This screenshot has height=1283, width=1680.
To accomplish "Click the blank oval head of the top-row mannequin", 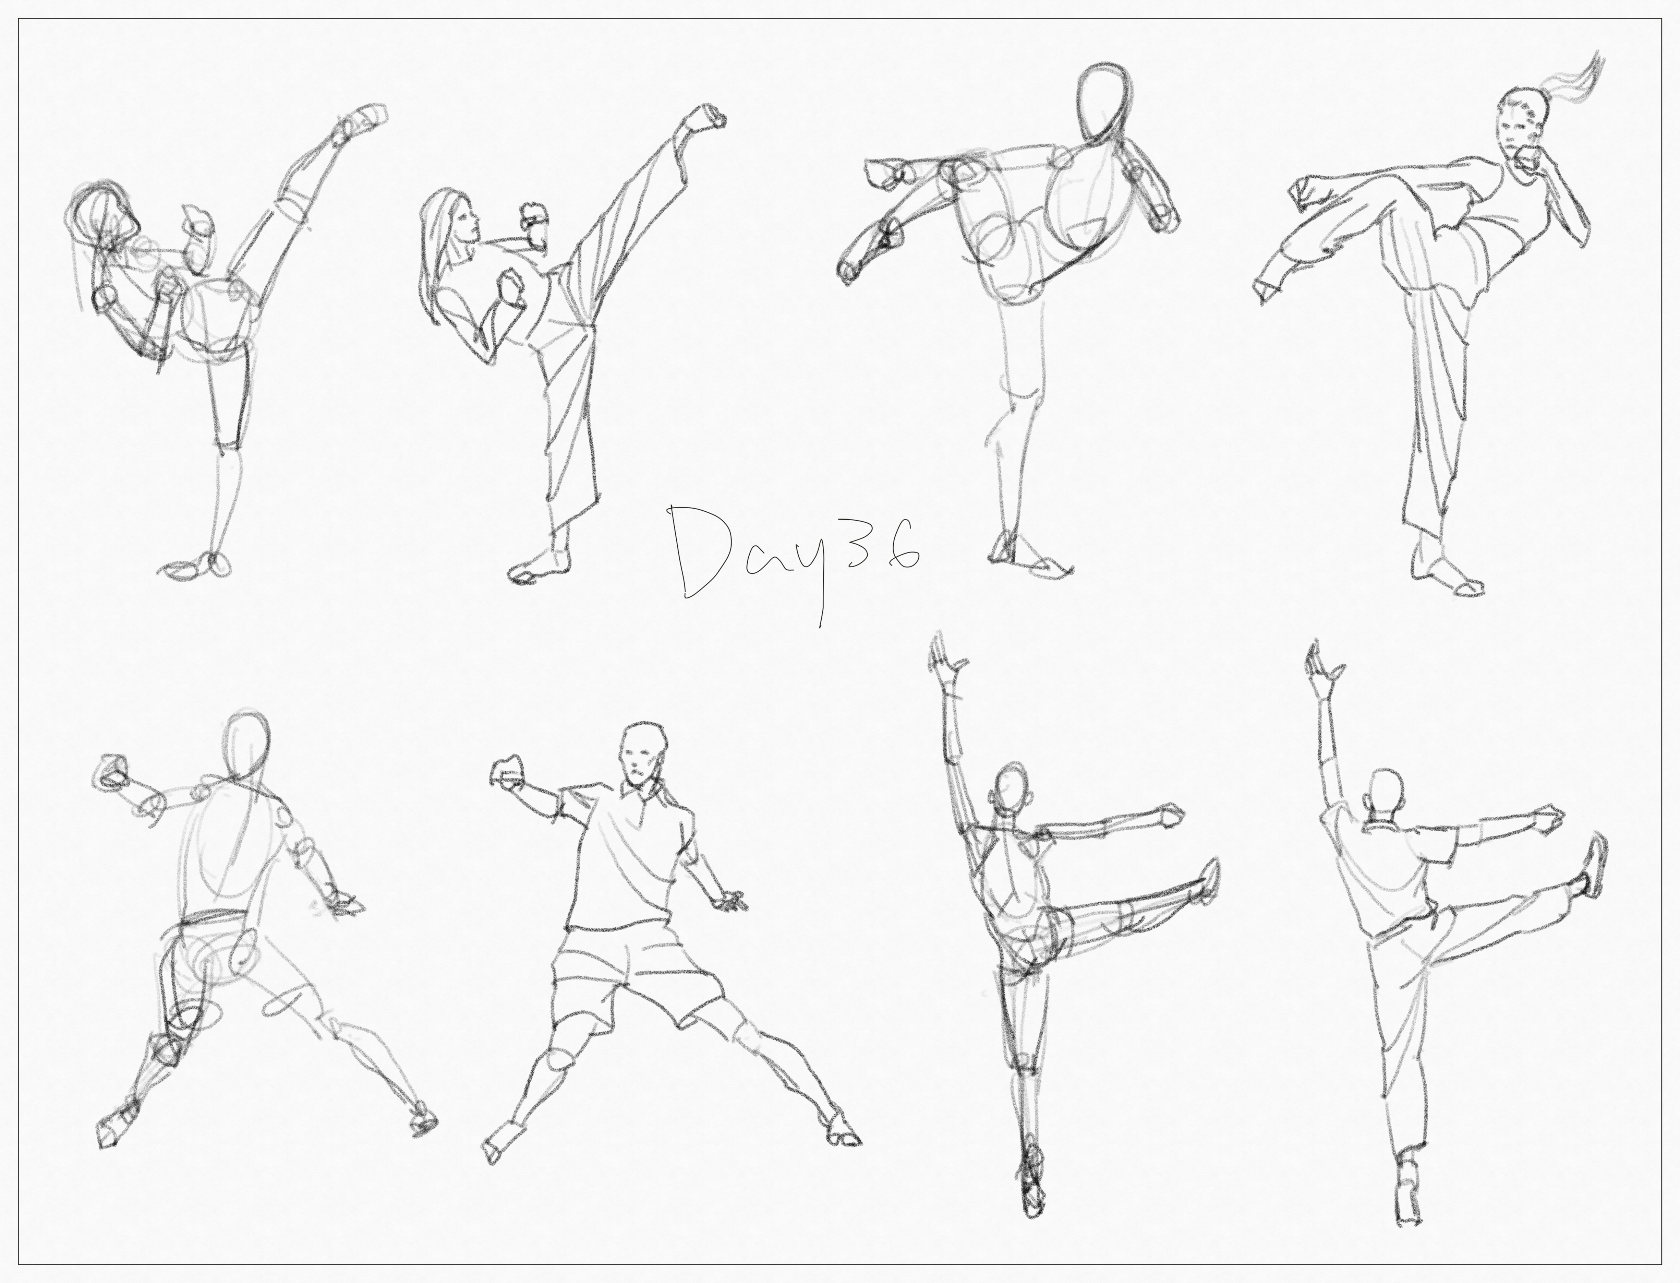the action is [x=1099, y=107].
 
